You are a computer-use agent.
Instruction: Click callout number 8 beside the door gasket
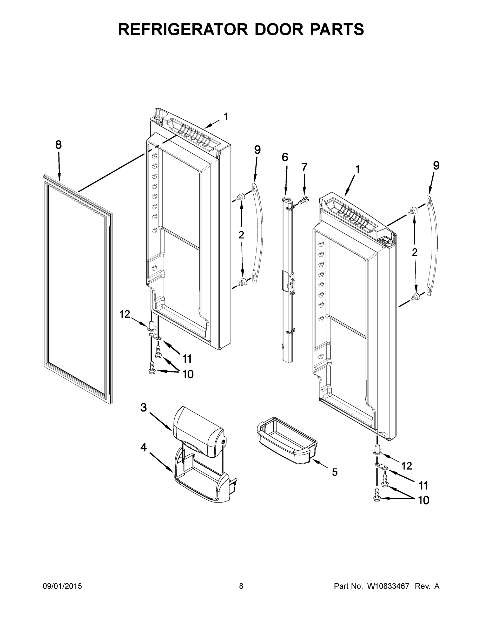click(58, 145)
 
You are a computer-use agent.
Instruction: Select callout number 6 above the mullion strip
click(285, 157)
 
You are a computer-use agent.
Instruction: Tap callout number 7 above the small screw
click(304, 167)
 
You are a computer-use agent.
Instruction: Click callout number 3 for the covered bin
click(143, 408)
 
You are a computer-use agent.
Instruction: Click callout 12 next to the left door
click(125, 314)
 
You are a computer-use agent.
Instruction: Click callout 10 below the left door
click(188, 374)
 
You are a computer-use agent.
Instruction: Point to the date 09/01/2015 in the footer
click(62, 586)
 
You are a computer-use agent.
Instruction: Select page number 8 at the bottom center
click(241, 586)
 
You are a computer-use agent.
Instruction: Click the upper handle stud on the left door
click(240, 196)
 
